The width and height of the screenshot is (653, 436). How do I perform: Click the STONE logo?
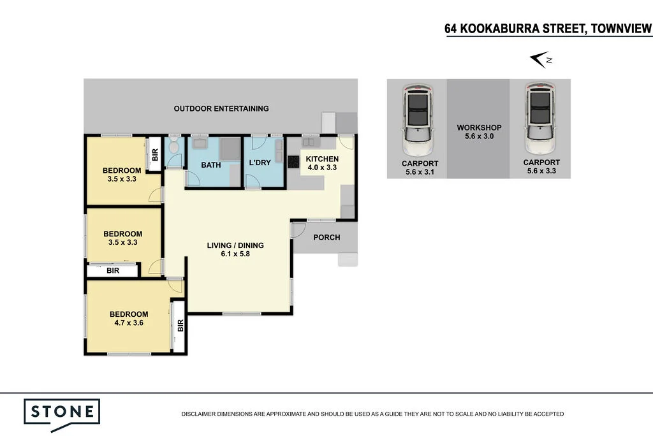point(62,411)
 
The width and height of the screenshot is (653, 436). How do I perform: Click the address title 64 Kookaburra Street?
point(548,29)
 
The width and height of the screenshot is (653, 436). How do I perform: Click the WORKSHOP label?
point(479,127)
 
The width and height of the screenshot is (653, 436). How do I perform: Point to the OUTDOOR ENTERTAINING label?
point(221,108)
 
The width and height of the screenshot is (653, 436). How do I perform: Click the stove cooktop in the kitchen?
point(293,162)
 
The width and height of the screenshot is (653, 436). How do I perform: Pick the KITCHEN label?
point(322,159)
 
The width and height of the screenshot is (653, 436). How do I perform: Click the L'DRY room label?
point(260,163)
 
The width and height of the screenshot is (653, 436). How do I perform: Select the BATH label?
point(210,165)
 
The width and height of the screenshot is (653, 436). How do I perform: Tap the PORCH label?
point(326,237)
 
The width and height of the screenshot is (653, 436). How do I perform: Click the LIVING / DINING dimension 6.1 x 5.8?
point(235,255)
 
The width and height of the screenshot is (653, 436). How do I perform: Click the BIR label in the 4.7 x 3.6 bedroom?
point(179,326)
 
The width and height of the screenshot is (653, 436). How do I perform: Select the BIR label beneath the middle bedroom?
point(112,271)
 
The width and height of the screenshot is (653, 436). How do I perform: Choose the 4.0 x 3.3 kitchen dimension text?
point(322,168)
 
